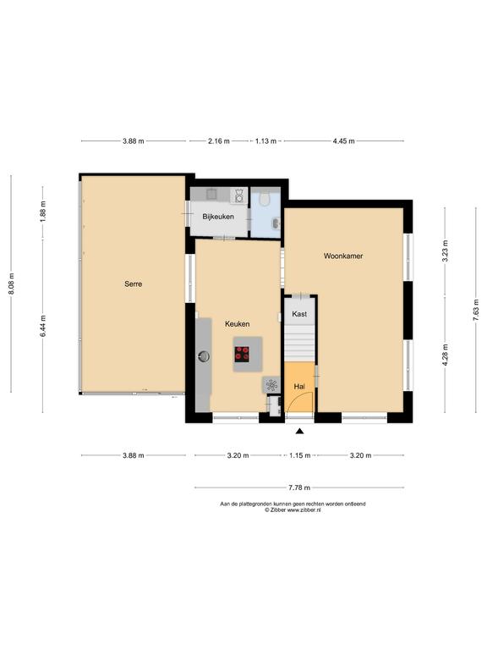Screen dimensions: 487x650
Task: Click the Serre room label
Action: point(134,284)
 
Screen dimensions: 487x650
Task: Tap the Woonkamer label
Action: point(343,256)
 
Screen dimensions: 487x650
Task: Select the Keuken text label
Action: point(238,324)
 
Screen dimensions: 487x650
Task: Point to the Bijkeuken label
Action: point(218,217)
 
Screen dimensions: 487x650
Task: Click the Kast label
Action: point(299,314)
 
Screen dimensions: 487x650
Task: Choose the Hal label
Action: point(299,386)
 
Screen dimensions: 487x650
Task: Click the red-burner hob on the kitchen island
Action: point(242,354)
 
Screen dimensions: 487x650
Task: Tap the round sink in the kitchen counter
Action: point(204,356)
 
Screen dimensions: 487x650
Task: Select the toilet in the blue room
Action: point(264,200)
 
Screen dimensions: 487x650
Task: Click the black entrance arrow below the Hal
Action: point(299,432)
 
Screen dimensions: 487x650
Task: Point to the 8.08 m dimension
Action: point(11,284)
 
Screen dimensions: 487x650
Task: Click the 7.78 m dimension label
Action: point(299,487)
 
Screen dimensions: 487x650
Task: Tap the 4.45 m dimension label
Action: point(344,141)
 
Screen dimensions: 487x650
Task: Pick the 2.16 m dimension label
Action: point(219,141)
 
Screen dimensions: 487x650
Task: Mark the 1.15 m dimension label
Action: point(299,455)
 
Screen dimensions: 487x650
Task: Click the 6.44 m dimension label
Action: point(43,326)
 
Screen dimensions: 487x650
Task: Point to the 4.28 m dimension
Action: point(446,355)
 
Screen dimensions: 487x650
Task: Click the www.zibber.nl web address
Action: point(304,510)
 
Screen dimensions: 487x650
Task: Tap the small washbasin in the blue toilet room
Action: point(276,223)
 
